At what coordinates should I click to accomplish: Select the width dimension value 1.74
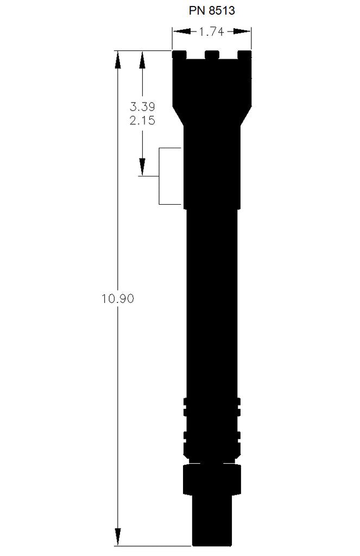212,32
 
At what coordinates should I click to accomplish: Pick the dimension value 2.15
142,121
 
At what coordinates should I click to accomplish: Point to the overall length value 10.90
117,298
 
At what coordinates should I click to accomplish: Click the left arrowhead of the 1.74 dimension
177,32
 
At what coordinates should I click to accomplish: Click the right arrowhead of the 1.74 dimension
247,32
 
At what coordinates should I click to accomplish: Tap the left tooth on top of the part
179,54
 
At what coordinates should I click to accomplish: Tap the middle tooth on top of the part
212,54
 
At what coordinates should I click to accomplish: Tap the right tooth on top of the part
245,54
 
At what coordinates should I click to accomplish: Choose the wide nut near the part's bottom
212,478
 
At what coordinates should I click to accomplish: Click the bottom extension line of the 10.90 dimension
152,546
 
